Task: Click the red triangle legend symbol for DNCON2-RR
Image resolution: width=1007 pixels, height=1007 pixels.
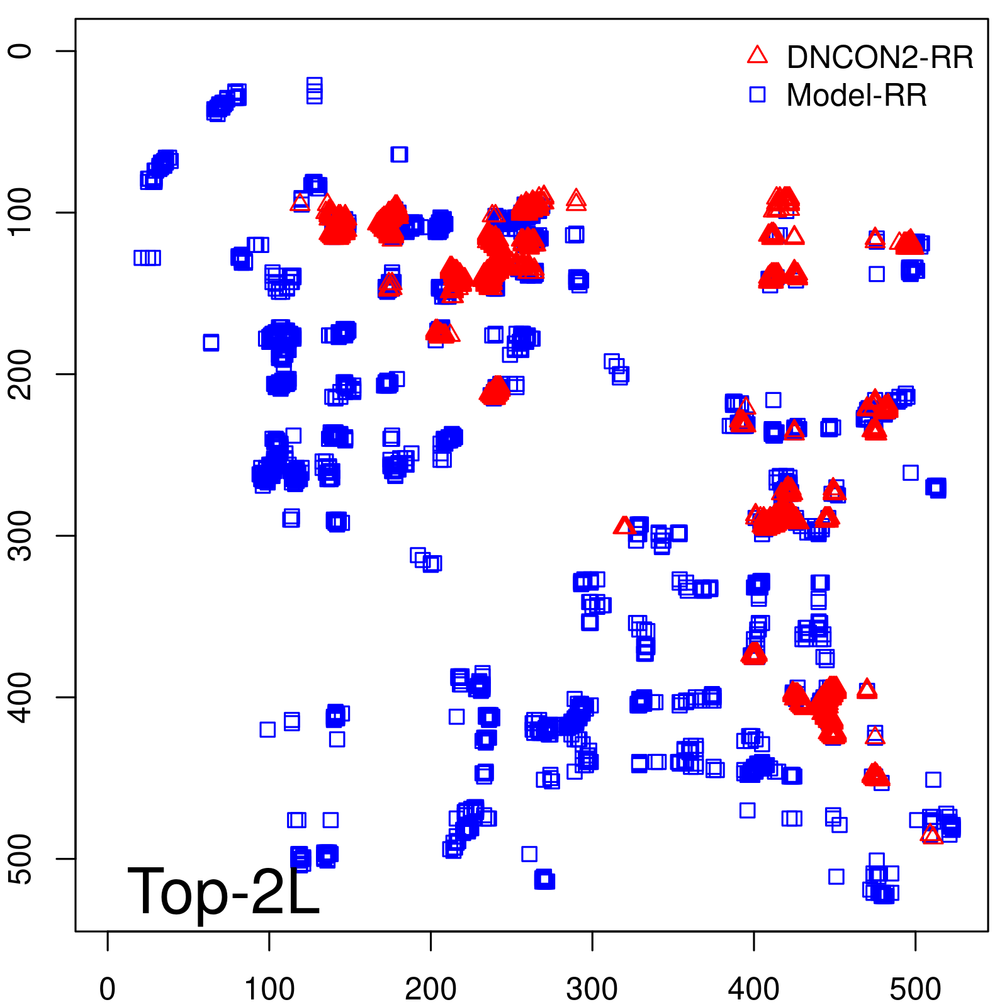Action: (757, 55)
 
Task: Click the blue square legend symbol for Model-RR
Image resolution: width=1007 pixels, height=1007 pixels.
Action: (757, 94)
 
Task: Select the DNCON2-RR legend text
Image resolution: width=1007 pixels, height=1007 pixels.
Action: (880, 57)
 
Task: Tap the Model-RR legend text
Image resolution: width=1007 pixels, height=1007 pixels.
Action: (857, 96)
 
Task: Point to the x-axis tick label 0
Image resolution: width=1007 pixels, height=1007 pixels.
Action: (108, 989)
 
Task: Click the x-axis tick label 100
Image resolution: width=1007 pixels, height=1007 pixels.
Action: (269, 989)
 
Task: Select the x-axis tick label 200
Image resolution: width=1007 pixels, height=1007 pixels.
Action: (430, 989)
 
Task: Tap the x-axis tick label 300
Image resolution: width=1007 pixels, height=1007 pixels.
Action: (592, 989)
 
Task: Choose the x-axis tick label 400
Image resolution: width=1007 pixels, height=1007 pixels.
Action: (754, 989)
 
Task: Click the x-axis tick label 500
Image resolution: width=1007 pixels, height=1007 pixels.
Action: (915, 989)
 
